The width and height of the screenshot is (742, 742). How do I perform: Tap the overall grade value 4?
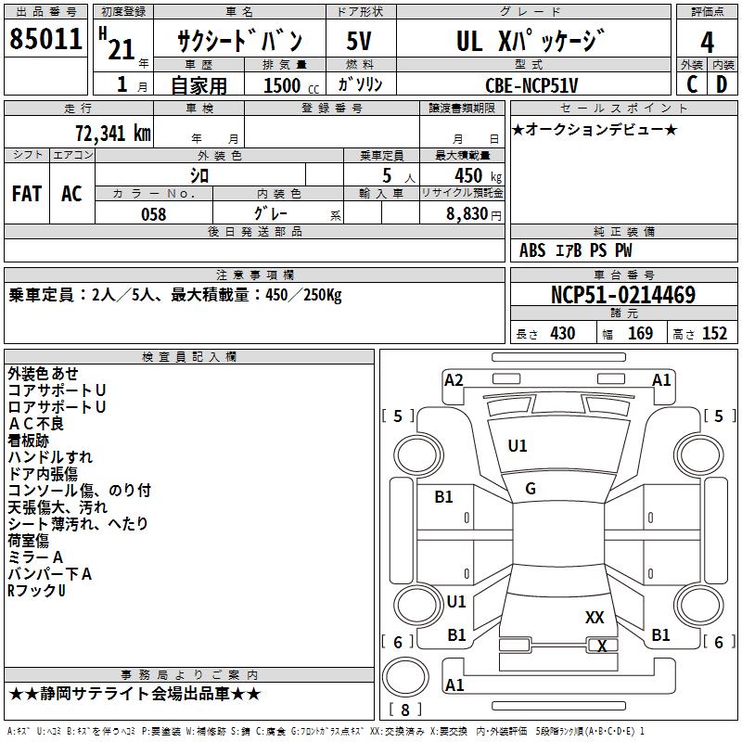click(x=707, y=43)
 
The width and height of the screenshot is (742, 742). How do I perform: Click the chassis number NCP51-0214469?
click(x=622, y=295)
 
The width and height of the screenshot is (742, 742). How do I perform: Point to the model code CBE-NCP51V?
click(x=531, y=85)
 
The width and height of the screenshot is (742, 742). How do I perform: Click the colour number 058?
click(x=153, y=214)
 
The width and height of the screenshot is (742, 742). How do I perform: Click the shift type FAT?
click(x=27, y=194)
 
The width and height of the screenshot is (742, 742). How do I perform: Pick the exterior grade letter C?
click(x=692, y=84)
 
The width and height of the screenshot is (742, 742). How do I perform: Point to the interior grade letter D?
click(x=722, y=84)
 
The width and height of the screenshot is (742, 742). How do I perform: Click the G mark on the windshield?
click(x=530, y=489)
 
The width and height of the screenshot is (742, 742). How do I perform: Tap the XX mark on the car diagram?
click(x=595, y=617)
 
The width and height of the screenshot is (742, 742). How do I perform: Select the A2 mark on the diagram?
click(x=454, y=379)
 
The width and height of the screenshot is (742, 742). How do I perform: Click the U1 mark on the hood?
click(x=517, y=446)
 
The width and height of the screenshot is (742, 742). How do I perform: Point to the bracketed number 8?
click(x=405, y=710)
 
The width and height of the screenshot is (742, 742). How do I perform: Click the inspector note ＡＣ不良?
click(x=36, y=424)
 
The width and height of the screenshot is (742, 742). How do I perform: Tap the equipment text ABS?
click(x=532, y=250)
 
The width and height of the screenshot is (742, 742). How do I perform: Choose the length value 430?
click(x=562, y=334)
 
